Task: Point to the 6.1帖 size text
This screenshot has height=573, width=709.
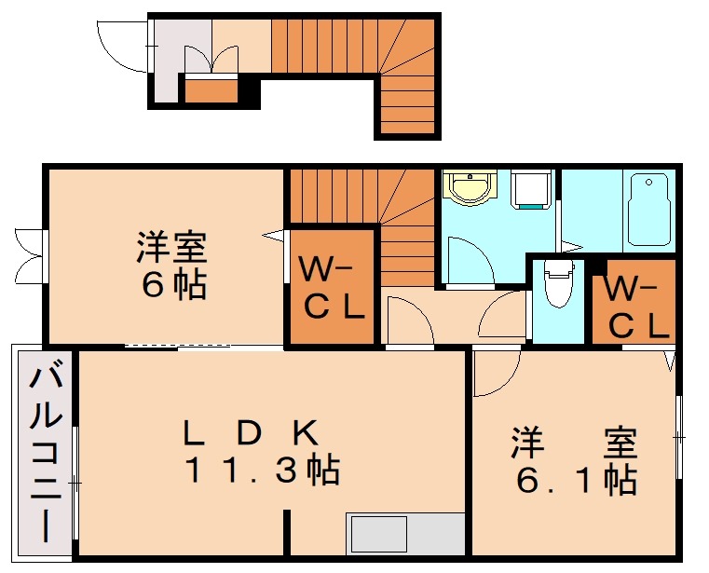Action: point(577,481)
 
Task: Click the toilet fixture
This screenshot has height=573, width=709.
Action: point(558,285)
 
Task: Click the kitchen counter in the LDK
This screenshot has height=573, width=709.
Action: point(405,535)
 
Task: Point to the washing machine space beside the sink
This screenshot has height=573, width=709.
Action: point(531,190)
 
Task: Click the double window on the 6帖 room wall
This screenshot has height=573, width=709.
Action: point(30,252)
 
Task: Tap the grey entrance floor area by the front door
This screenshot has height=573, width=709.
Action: point(168,61)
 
